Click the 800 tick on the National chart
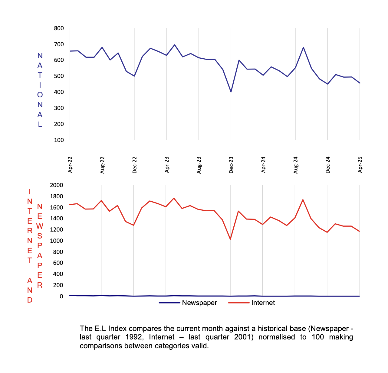point(59,28)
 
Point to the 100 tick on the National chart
point(59,140)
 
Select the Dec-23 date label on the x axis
point(231,165)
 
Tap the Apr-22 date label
point(70,165)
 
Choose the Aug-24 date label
point(296,165)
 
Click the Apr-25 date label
point(360,165)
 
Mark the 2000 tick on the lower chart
point(57,185)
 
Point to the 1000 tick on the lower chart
point(57,241)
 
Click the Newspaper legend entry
point(199,303)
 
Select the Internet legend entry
point(263,303)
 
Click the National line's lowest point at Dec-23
point(231,92)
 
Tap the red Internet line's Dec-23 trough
point(230,239)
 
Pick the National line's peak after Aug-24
point(303,47)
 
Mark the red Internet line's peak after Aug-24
point(303,199)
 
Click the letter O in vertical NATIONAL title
point(40,95)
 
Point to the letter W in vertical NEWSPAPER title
point(40,226)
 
